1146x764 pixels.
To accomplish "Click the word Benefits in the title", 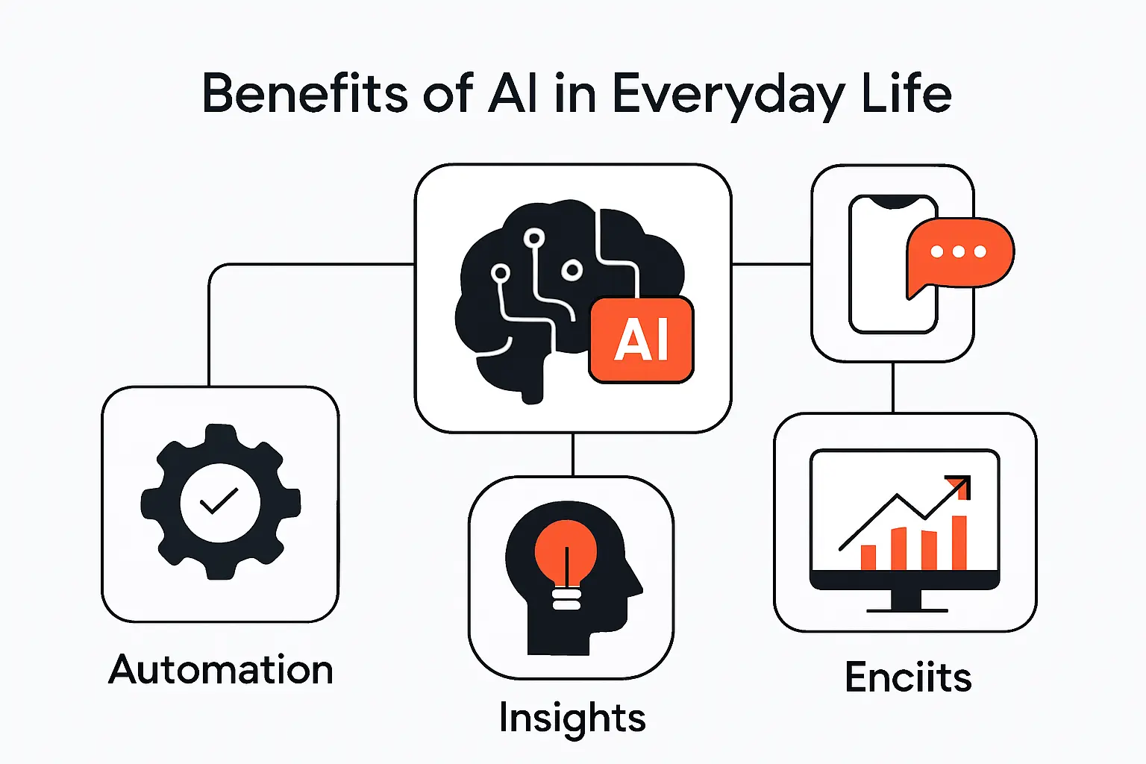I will (x=304, y=94).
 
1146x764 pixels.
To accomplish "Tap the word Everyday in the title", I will (x=727, y=95).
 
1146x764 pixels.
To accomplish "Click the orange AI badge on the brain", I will (x=641, y=340).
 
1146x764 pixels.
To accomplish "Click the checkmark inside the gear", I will (x=219, y=501).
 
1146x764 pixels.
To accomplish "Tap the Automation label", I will (x=221, y=669).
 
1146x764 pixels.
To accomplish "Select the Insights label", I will (x=572, y=718).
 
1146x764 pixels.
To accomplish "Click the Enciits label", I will (x=908, y=677).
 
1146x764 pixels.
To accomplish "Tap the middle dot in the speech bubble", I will (x=959, y=251).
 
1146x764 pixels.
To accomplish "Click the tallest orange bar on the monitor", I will (x=959, y=542).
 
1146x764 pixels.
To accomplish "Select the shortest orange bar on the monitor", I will (x=868, y=557).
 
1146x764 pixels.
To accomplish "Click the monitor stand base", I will (x=907, y=610).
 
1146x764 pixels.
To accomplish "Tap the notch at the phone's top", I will (x=893, y=201).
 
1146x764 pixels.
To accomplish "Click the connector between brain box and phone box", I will (x=771, y=263).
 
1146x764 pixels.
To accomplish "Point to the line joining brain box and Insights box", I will (x=572, y=454).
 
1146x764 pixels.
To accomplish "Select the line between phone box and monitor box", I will (x=893, y=386).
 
